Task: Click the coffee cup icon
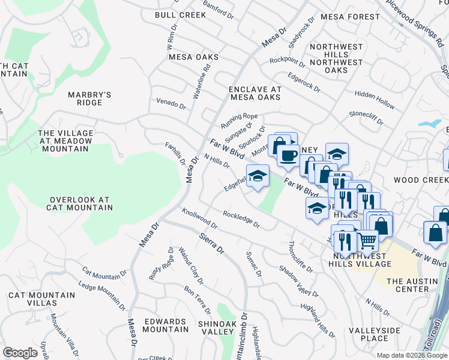288,155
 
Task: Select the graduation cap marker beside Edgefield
257,176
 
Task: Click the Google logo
20,353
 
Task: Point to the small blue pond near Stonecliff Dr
430,124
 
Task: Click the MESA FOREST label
347,17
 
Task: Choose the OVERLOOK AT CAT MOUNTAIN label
81,203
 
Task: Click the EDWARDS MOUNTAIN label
166,325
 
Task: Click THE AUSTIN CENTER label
417,285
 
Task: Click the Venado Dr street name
171,104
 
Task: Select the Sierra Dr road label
211,244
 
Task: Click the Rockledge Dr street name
241,220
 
